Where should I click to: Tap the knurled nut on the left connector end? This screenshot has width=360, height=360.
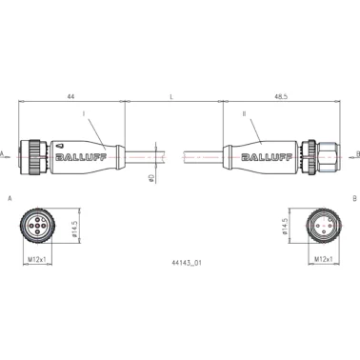point(34,152)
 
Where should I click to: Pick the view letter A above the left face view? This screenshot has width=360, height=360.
point(9,198)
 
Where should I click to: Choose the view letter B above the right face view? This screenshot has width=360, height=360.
point(353,198)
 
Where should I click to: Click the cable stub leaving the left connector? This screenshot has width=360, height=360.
point(143,152)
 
